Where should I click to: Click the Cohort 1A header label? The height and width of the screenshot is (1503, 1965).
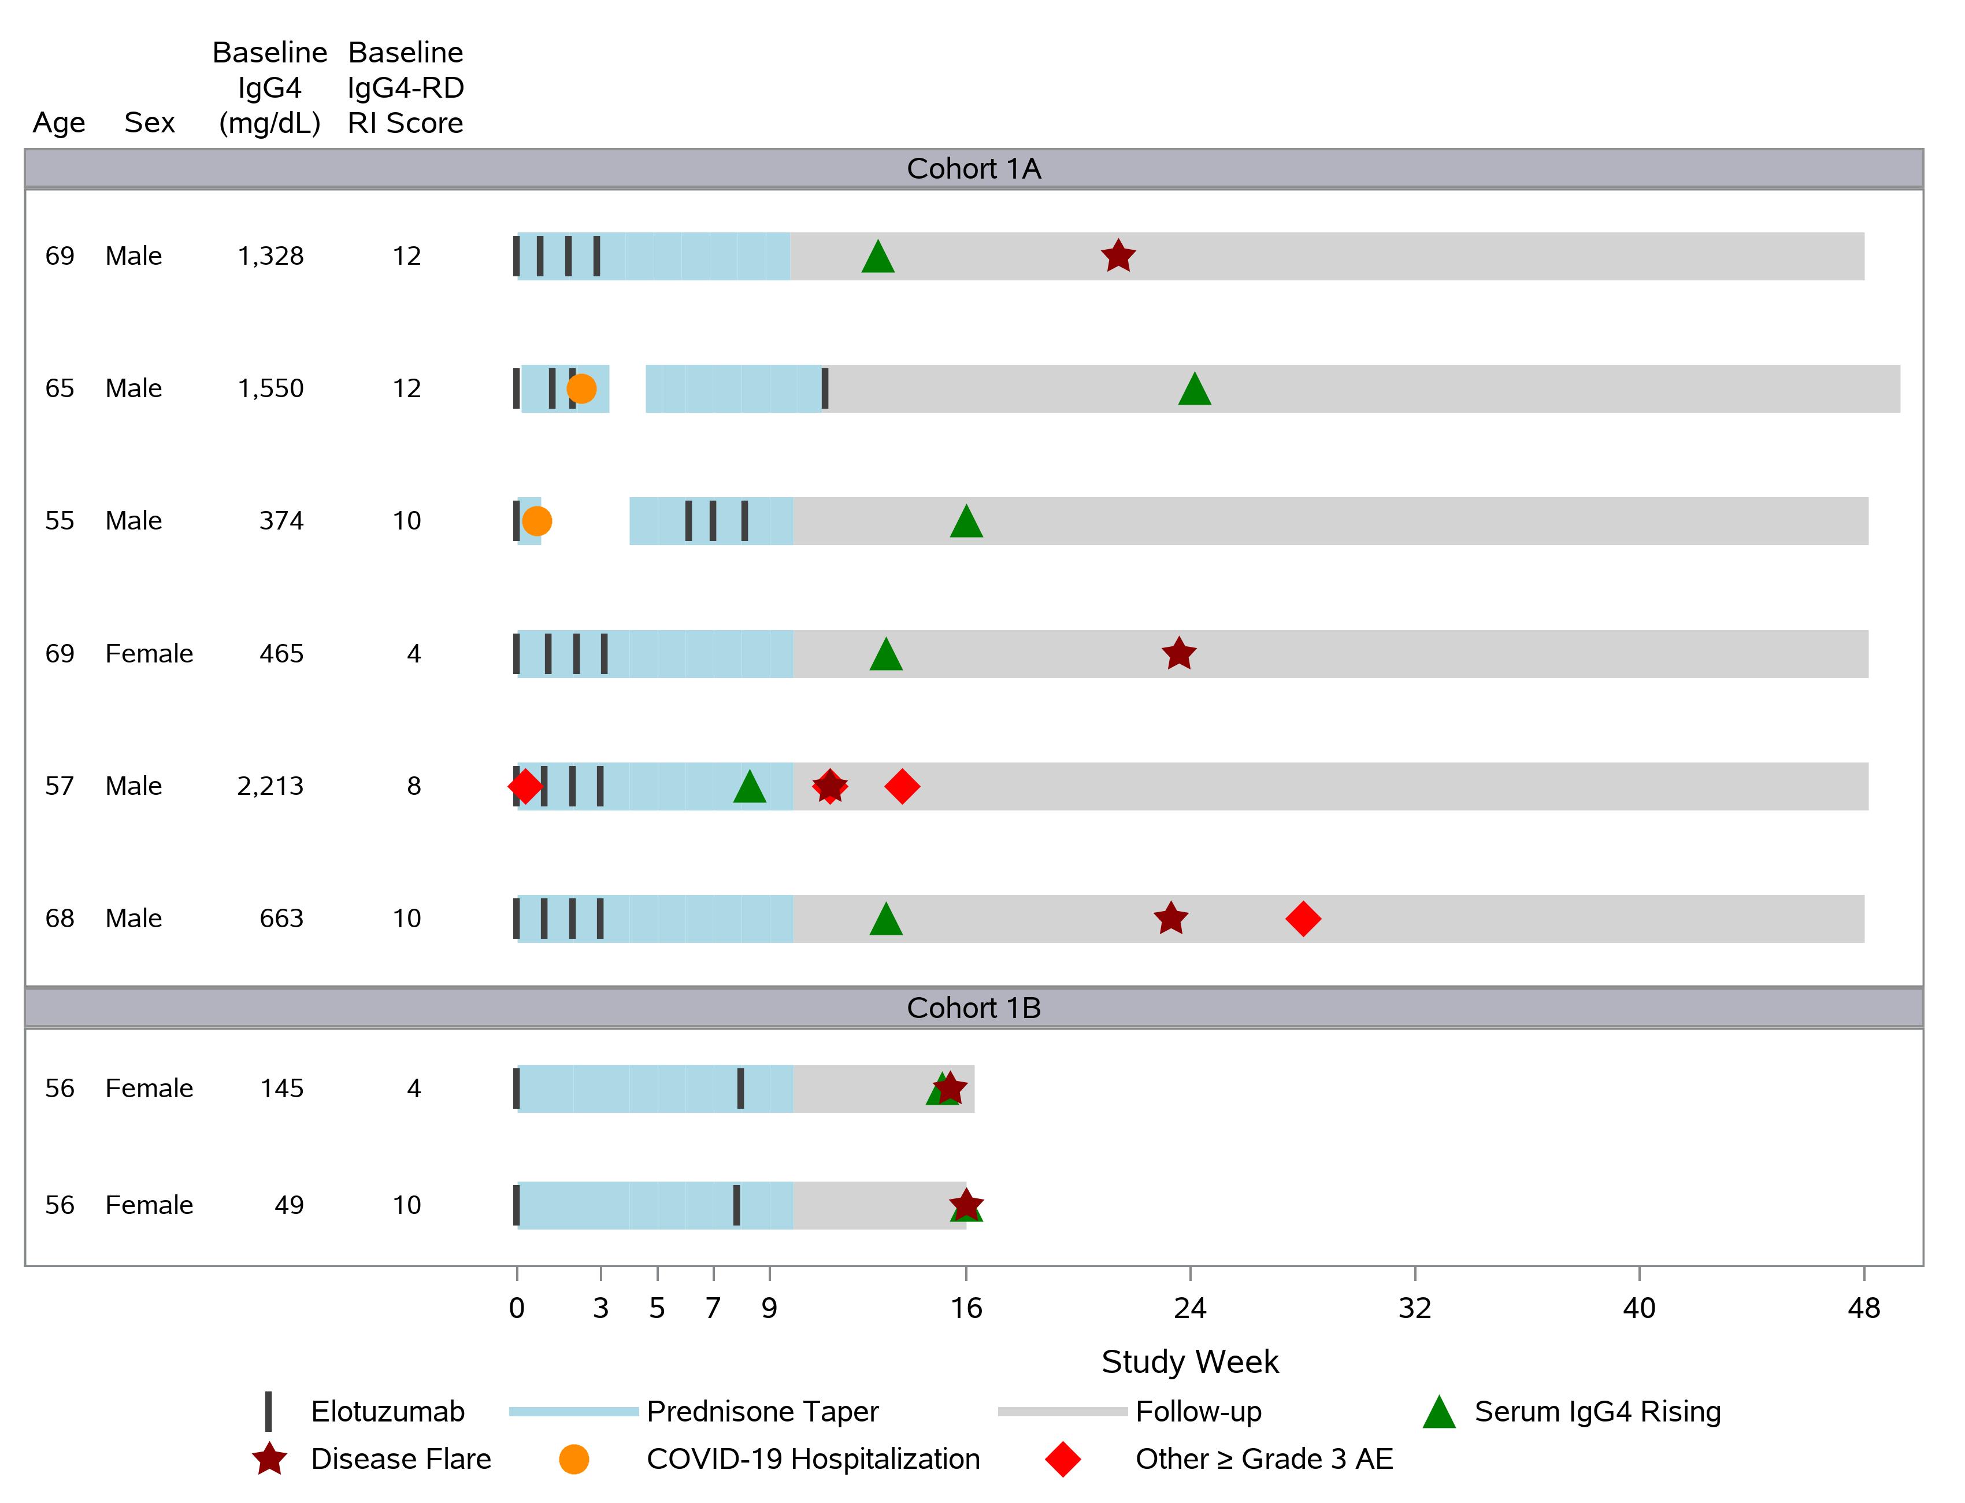point(973,168)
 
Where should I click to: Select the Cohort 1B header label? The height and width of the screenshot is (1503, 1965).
point(973,1008)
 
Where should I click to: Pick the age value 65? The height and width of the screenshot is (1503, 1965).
point(60,388)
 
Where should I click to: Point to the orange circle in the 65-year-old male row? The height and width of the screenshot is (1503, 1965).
point(581,388)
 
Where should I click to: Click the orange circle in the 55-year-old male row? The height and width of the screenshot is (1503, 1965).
point(537,521)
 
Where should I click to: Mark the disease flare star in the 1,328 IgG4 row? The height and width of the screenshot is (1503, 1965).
point(1118,257)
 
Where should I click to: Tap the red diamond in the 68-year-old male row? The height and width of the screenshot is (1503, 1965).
point(1303,919)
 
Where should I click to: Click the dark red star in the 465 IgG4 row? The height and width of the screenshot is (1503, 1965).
point(1179,654)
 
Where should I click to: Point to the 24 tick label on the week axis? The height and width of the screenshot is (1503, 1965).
point(1191,1309)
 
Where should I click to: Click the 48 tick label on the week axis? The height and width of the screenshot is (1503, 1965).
point(1864,1309)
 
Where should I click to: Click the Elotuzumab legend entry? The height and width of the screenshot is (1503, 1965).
point(387,1412)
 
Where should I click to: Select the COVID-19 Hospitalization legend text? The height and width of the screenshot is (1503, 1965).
point(813,1459)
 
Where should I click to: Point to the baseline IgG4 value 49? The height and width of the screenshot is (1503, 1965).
point(289,1205)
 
